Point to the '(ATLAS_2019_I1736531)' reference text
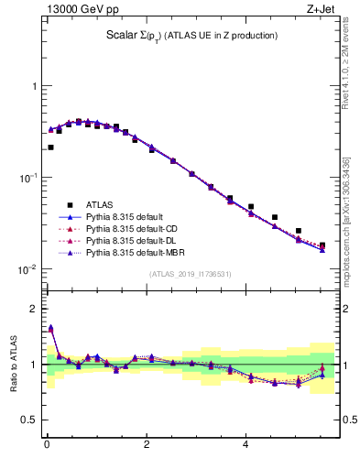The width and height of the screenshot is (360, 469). [191, 274]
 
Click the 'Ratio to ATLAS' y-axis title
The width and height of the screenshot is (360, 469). [13, 364]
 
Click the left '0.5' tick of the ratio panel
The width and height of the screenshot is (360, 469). [29, 420]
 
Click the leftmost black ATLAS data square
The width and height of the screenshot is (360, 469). [50, 147]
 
